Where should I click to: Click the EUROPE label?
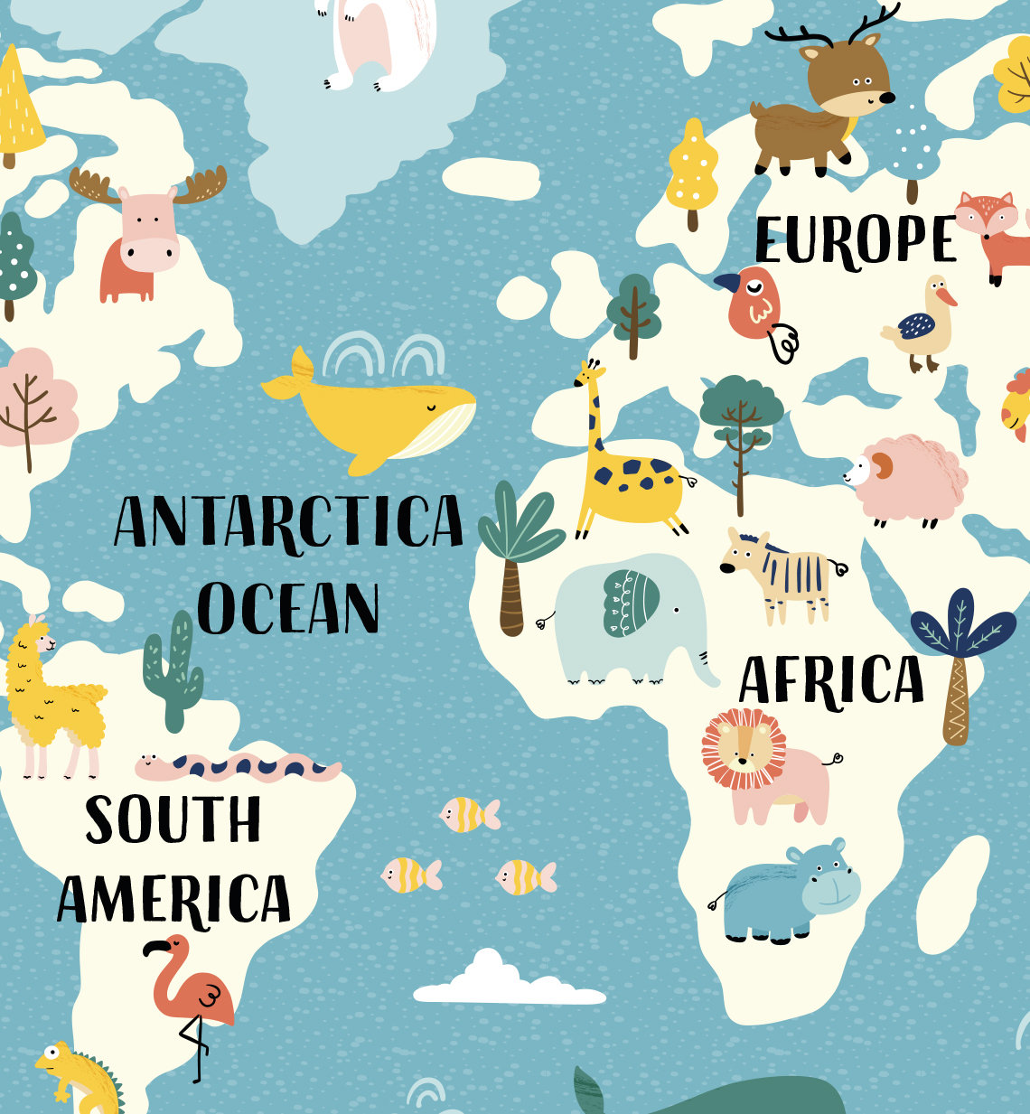(855, 240)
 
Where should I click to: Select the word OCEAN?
(288, 608)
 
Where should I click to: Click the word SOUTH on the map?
(173, 819)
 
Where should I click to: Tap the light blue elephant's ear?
(631, 603)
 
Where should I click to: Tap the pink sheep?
(907, 479)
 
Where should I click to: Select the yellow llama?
(51, 696)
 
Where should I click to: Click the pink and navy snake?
(239, 768)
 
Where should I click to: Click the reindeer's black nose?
(887, 97)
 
